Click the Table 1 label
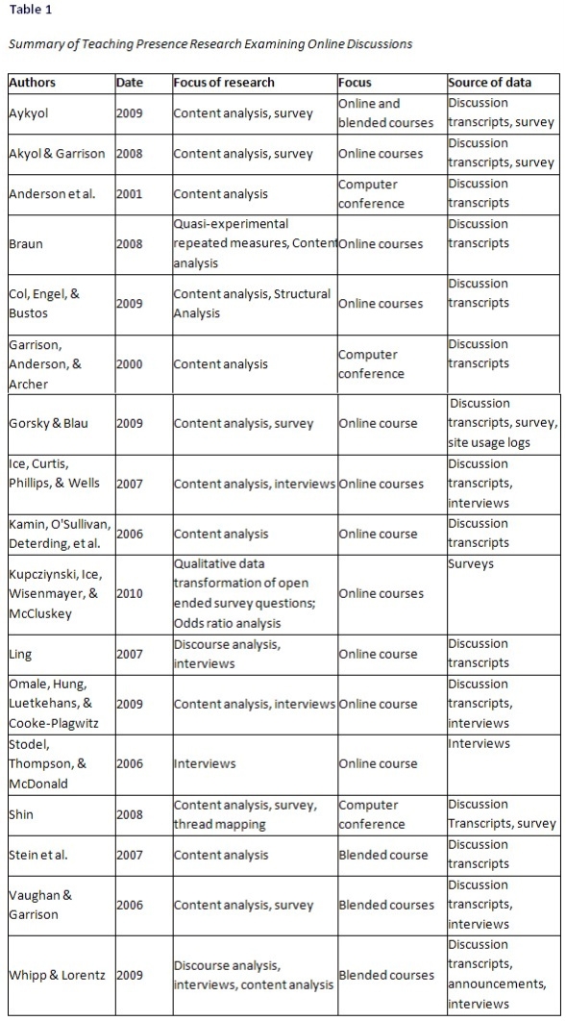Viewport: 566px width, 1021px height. coord(29,10)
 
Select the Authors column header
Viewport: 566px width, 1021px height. coord(32,83)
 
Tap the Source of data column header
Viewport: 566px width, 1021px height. coord(489,83)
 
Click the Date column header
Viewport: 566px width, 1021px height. coord(129,83)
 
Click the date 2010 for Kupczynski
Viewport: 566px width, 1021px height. coord(129,594)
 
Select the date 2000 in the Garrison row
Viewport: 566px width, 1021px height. coord(129,364)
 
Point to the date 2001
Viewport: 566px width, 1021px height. coord(129,194)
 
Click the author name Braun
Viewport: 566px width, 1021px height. coord(26,244)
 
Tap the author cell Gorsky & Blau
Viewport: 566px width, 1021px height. coord(49,424)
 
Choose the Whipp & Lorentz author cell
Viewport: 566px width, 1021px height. coord(57,975)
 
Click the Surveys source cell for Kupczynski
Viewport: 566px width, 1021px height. coord(471,564)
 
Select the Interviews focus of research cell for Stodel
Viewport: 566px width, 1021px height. coord(204,764)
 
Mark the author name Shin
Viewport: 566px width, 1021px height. coord(22,814)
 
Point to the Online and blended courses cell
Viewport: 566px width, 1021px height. coord(385,112)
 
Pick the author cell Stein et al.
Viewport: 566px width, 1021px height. coord(38,855)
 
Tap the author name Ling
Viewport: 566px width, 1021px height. coord(21,655)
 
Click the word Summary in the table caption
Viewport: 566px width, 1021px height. coord(35,44)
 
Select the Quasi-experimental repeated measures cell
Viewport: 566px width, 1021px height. coord(254,243)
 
